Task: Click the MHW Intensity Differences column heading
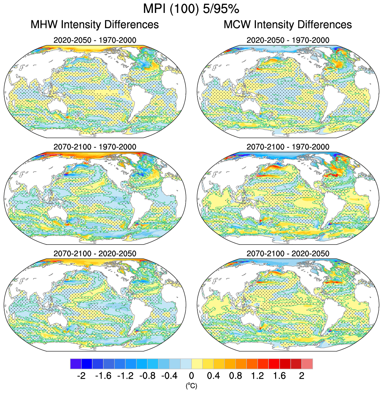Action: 95,25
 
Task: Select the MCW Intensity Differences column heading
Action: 288,25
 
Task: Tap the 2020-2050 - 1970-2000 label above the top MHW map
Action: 95,40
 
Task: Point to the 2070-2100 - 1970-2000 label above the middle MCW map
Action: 288,147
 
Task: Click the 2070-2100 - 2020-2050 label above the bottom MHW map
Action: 95,254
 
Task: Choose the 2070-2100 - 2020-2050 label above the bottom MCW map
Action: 288,254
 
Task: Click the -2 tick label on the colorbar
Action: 81,376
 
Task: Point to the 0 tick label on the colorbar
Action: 191,376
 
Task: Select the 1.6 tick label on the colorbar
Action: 280,376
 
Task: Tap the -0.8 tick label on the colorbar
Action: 147,376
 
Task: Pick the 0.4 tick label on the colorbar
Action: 213,376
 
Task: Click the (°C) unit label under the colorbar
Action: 191,385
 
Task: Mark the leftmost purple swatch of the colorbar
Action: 76,364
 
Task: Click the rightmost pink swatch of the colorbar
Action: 307,364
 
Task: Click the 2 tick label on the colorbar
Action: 302,376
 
